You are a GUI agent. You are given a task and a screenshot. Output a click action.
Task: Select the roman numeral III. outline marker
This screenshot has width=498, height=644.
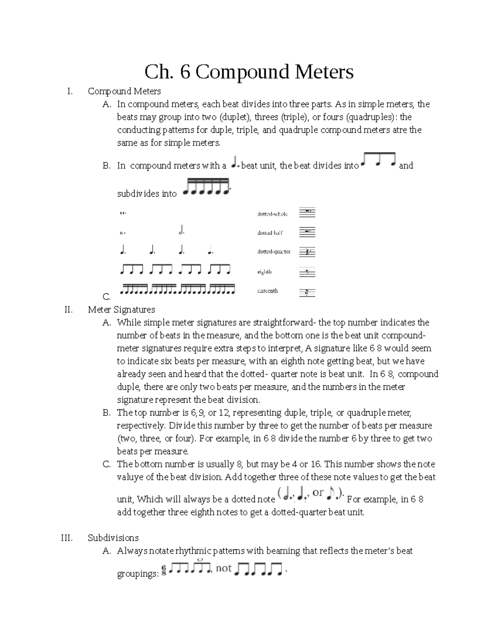[x=67, y=538]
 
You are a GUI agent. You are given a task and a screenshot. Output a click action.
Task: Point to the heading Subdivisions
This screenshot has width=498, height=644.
[x=113, y=538]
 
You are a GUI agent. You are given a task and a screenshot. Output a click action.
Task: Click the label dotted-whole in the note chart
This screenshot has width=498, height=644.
[x=272, y=214]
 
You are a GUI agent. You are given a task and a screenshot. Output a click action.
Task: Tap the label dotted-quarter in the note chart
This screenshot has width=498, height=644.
[x=274, y=252]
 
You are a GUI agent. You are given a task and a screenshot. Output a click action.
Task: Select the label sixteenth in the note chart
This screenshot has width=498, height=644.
[x=267, y=291]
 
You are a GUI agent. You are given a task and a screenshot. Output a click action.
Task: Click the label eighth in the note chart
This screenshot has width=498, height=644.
[x=264, y=272]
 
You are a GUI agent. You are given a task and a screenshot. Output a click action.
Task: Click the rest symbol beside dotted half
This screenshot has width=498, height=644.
[x=307, y=232]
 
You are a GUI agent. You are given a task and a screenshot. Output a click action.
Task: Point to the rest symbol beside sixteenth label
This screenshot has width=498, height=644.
[x=307, y=292]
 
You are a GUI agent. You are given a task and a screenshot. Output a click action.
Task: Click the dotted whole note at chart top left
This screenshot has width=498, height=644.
[x=123, y=214]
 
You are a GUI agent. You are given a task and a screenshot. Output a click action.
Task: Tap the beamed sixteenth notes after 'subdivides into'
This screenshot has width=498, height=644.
[x=206, y=187]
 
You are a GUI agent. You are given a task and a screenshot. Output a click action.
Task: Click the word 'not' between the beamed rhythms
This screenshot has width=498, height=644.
[x=224, y=568]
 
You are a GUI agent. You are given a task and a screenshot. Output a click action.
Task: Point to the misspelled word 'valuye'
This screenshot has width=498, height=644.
[x=130, y=477]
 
